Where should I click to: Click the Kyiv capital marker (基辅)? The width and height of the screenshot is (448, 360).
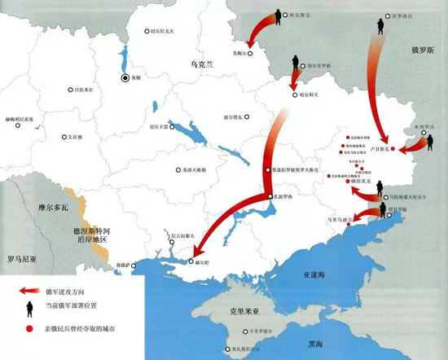click(125, 78)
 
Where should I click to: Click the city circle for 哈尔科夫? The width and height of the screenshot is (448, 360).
click(292, 95)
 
